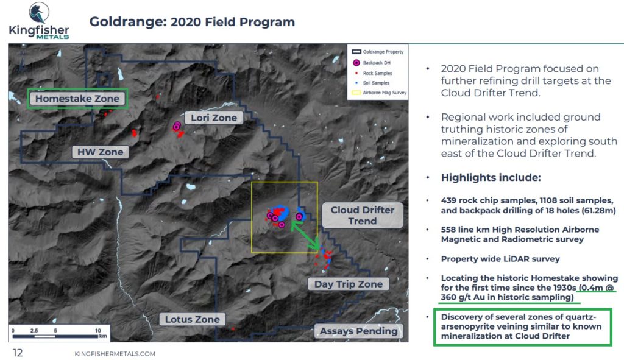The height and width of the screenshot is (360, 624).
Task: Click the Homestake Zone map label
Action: click(77, 99)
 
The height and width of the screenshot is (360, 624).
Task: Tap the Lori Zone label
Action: click(214, 118)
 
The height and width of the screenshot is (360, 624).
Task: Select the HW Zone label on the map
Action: click(101, 152)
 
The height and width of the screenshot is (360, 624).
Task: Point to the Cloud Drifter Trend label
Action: click(363, 215)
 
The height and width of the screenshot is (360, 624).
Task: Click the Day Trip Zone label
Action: click(349, 284)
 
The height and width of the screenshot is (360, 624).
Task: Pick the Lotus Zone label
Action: click(193, 319)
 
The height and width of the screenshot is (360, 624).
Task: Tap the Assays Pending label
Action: click(358, 331)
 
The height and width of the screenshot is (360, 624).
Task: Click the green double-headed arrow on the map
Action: click(305, 236)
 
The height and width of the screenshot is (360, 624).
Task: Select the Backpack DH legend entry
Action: click(372, 63)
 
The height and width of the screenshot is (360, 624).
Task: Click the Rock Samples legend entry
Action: click(374, 73)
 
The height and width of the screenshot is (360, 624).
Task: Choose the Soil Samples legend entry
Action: click(372, 83)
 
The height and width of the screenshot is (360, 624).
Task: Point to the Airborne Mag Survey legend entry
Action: click(379, 93)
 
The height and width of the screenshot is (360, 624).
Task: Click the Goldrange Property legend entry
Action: click(378, 52)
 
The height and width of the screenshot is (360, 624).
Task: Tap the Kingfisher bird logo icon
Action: click(39, 13)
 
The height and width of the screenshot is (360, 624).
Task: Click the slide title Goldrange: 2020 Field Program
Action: click(192, 22)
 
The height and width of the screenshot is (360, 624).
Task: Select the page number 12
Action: click(18, 353)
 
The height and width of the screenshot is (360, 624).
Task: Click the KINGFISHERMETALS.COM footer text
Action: click(115, 354)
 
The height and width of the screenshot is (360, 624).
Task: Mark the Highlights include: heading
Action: click(491, 177)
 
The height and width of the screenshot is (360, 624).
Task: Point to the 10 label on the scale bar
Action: click(98, 331)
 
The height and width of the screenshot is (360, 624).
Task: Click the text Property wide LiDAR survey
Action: click(500, 259)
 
